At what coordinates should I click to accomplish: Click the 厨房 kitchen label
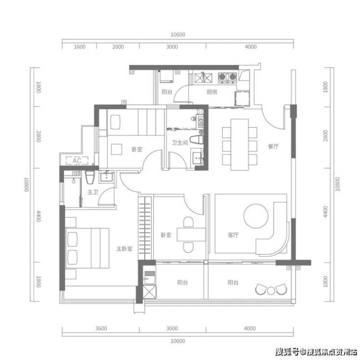[x=212, y=92]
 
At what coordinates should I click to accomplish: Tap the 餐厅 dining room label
[x=273, y=146]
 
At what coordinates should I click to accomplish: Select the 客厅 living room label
[x=233, y=235]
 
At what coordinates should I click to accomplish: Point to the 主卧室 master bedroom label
[x=124, y=249]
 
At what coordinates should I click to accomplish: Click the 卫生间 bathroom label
[x=180, y=143]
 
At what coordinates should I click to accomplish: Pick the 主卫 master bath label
[x=93, y=192]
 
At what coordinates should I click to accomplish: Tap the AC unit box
[x=77, y=161]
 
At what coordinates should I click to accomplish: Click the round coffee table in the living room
[x=256, y=216]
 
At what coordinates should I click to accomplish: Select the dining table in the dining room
[x=240, y=145]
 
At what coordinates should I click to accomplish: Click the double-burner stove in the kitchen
[x=227, y=78]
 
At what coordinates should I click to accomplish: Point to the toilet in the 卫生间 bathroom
[x=196, y=140]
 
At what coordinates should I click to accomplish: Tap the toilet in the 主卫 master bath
[x=90, y=178]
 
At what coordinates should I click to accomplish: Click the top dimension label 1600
[x=80, y=47]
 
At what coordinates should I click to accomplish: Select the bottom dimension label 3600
[x=101, y=329]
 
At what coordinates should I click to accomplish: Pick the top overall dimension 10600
[x=178, y=34]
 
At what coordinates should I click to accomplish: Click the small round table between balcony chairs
[x=271, y=291]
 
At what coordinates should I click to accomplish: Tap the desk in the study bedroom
[x=191, y=235]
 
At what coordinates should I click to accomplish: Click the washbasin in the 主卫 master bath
[x=107, y=177]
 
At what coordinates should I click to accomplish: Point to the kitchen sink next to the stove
[x=203, y=78]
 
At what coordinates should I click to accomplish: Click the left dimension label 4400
[x=38, y=216]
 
